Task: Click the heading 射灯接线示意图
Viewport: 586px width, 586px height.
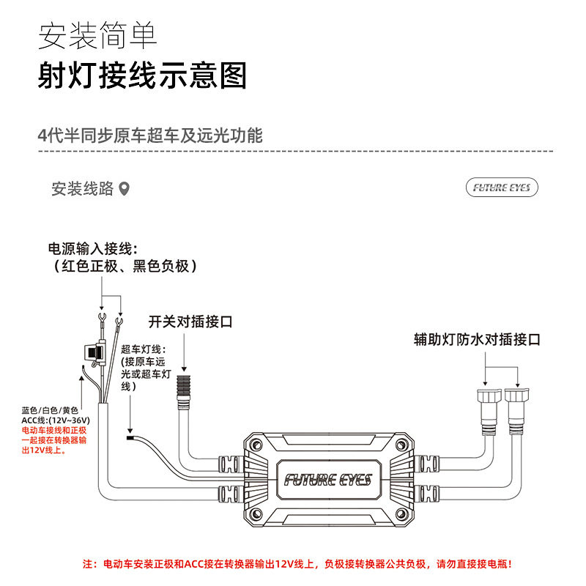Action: tap(142, 75)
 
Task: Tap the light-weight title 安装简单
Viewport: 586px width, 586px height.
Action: tap(97, 35)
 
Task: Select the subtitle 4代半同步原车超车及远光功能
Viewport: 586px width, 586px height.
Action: tap(150, 136)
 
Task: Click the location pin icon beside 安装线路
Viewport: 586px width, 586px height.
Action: tap(124, 189)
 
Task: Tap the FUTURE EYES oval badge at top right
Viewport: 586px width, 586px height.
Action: tap(502, 188)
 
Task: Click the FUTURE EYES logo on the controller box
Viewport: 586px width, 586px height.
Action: tap(328, 480)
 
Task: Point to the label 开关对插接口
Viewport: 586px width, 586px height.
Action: tap(190, 322)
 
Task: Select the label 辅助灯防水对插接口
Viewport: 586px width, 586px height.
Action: tap(477, 339)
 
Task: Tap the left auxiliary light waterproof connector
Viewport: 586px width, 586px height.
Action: tap(489, 412)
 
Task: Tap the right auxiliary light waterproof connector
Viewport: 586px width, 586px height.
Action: tap(517, 411)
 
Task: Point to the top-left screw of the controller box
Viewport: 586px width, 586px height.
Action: tap(256, 445)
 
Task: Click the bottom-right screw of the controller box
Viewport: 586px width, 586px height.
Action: tap(401, 514)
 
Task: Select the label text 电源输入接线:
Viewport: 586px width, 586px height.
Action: tap(93, 248)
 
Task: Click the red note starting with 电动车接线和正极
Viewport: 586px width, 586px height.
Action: tap(54, 440)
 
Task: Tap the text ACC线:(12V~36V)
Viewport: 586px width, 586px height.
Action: tap(56, 420)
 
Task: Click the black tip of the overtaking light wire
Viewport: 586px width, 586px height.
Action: tap(130, 437)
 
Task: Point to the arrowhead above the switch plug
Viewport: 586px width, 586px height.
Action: tap(184, 368)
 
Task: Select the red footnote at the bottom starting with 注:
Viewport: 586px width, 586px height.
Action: tap(297, 564)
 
